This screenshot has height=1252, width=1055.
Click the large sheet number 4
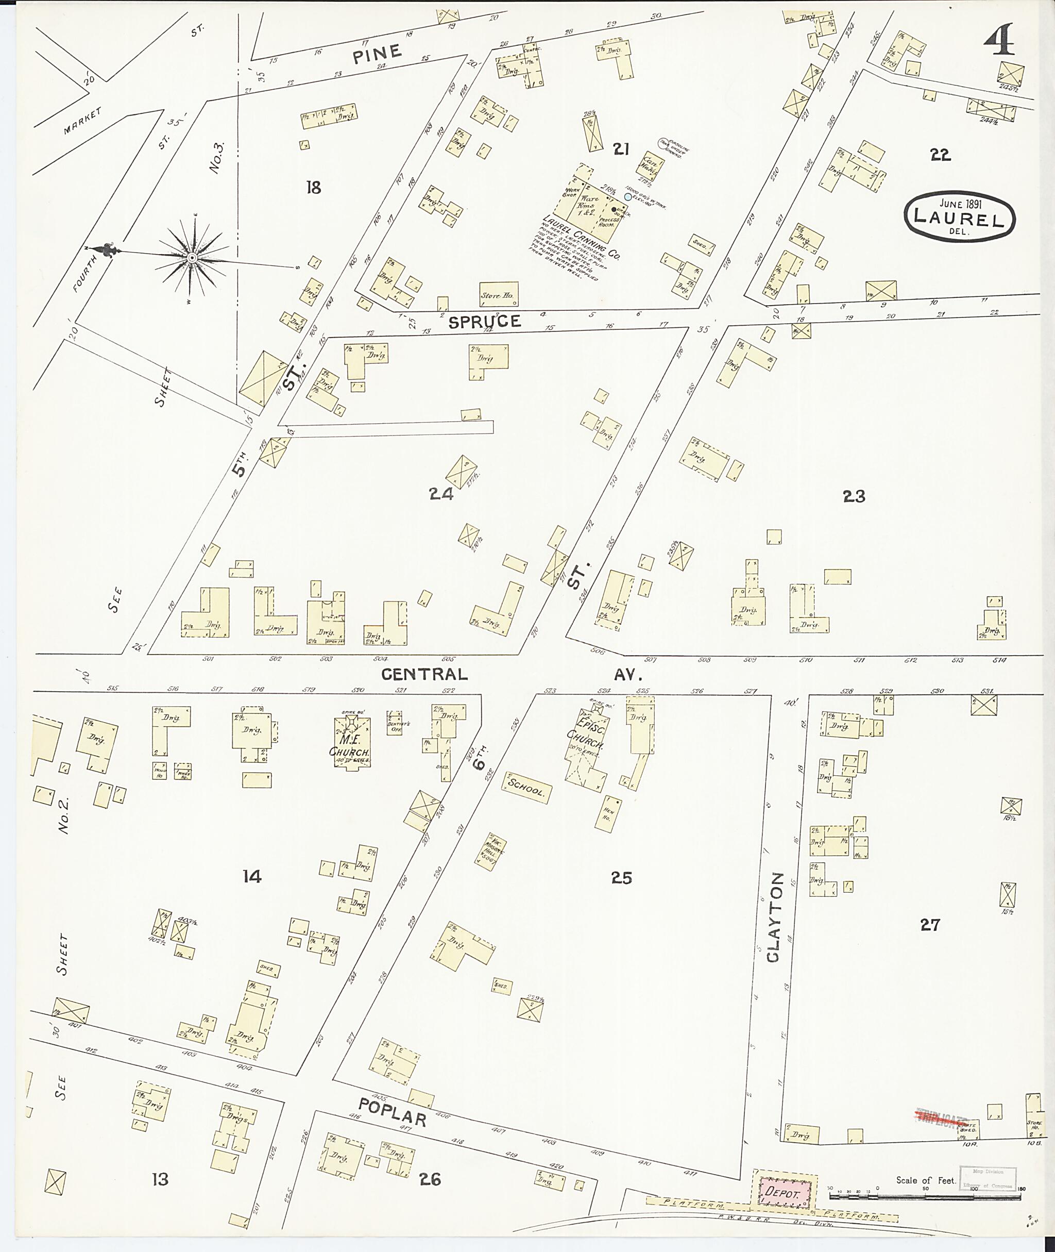[998, 41]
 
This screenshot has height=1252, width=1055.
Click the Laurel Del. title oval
[961, 216]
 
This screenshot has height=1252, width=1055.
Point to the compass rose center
[192, 258]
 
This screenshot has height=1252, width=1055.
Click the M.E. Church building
[352, 742]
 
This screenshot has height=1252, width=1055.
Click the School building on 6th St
[526, 789]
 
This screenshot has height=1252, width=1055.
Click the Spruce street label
[484, 322]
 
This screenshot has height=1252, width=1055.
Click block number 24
[441, 494]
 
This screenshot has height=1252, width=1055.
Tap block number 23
[854, 496]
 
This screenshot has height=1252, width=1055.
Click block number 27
[929, 925]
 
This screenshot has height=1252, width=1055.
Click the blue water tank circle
[627, 197]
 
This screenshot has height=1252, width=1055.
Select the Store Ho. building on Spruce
[499, 294]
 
